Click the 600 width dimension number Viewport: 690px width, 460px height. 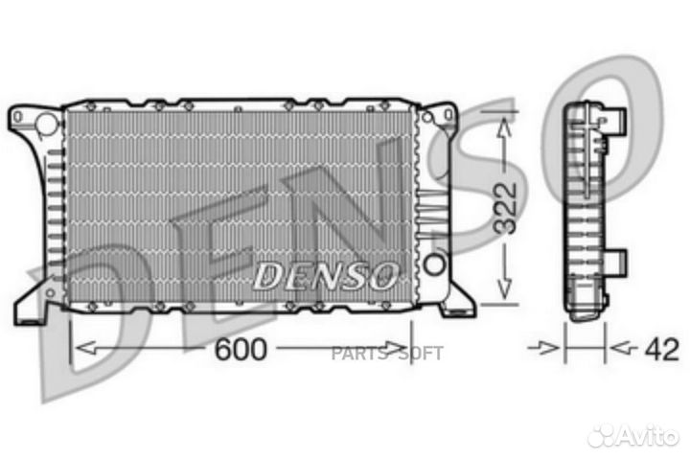click(x=240, y=349)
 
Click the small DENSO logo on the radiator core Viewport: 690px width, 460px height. click(x=325, y=276)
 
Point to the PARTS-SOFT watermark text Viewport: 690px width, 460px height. click(x=387, y=354)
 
